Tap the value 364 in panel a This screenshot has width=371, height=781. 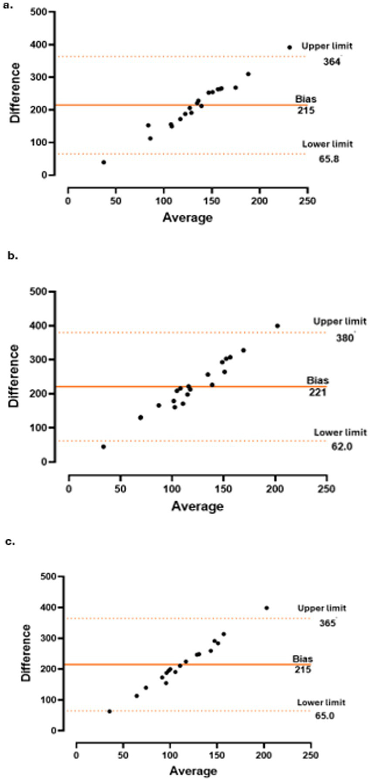point(331,62)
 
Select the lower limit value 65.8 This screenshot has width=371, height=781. point(329,159)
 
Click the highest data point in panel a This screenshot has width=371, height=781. point(289,47)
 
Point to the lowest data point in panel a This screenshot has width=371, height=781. point(104,162)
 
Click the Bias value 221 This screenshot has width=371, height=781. point(317,392)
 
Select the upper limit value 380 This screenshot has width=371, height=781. point(344,337)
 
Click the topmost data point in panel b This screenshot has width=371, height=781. point(277,326)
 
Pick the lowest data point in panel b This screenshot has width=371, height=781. point(103,447)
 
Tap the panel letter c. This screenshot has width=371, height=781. point(10,542)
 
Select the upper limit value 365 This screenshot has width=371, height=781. point(327,623)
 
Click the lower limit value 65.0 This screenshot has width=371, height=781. point(324,716)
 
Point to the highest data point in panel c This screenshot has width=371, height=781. point(267,608)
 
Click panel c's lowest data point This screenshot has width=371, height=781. point(109,711)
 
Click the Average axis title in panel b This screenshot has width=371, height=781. point(197,506)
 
